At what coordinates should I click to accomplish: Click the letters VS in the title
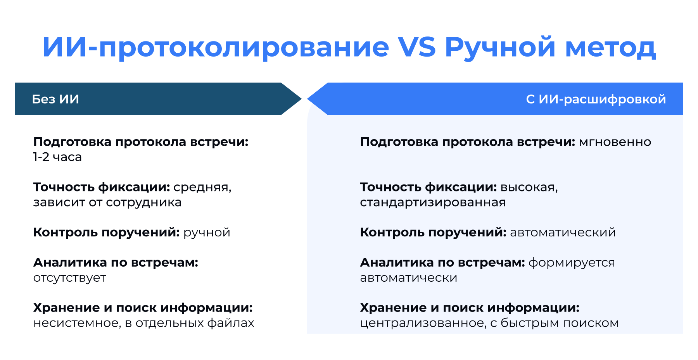[417, 47]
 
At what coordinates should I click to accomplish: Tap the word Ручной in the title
[500, 47]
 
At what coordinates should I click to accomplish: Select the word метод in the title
[610, 47]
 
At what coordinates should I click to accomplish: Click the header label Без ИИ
[55, 99]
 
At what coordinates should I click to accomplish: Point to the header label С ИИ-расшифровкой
[596, 99]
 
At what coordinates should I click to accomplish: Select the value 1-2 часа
[57, 157]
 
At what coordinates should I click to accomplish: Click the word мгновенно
[615, 142]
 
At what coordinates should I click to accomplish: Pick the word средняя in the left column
[202, 187]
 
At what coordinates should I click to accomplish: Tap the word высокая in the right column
[529, 187]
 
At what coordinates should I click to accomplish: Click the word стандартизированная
[433, 202]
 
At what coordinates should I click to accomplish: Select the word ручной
[207, 233]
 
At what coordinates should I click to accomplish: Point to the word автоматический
[563, 233]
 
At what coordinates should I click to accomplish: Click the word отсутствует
[69, 278]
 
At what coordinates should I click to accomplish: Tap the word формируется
[572, 263]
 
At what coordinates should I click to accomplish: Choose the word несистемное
[76, 323]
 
